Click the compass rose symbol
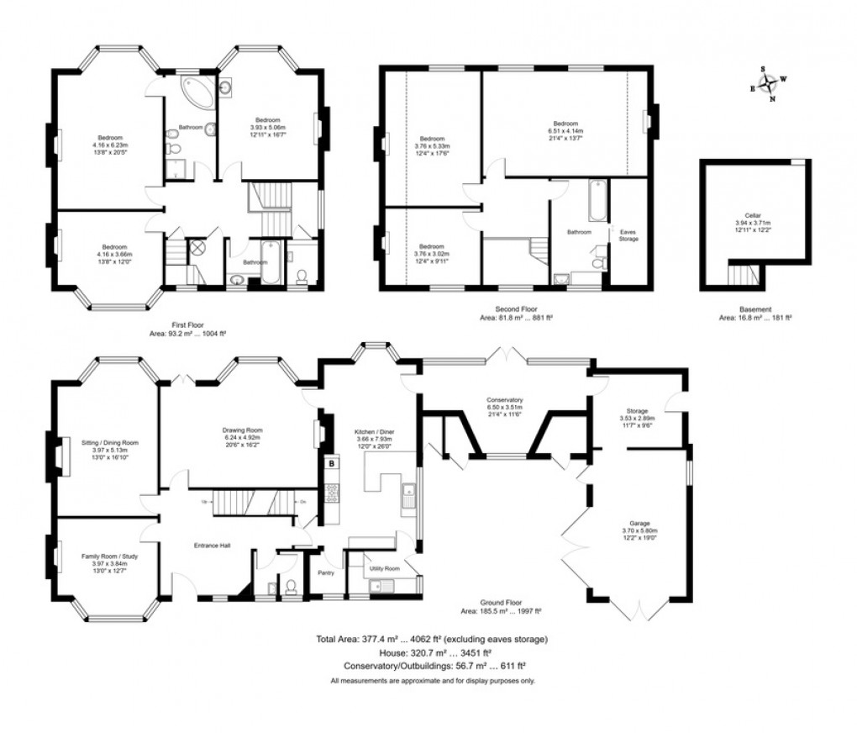pos(767,83)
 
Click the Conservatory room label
pos(505,400)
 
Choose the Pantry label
pos(326,573)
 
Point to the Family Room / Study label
pos(109,556)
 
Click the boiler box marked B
pos(332,463)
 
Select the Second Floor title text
pos(516,308)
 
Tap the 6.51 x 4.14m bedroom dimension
pos(565,131)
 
